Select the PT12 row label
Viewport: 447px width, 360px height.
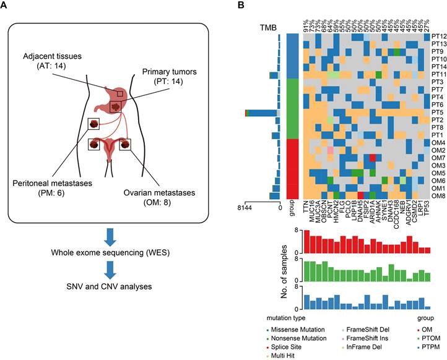[439, 37]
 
